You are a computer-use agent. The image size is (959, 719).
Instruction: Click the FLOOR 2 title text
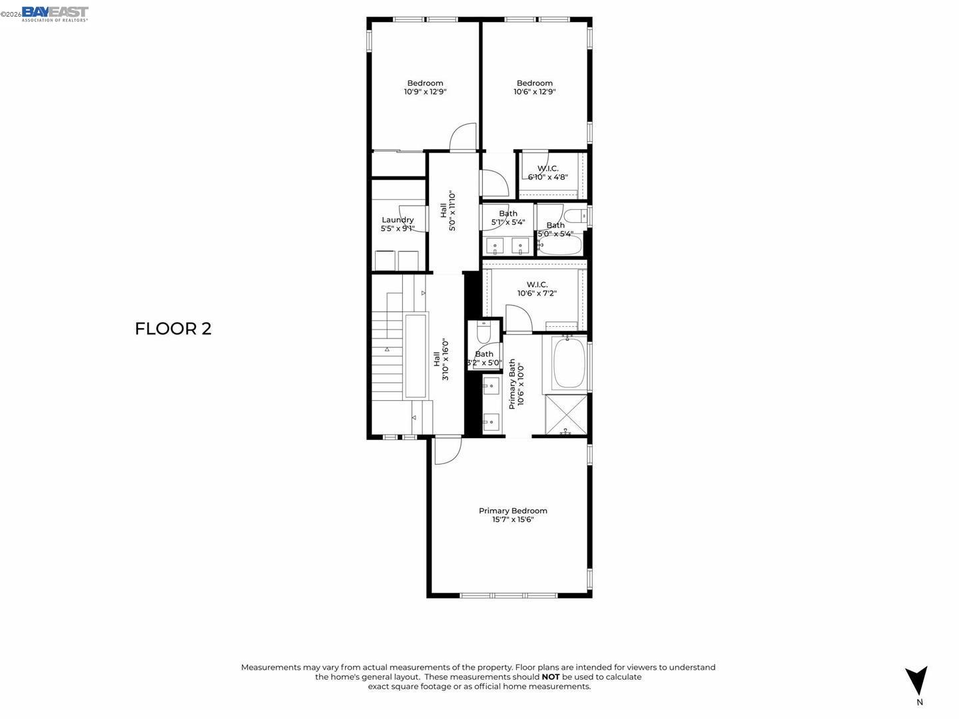click(173, 329)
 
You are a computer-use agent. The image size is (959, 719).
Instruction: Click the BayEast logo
click(55, 13)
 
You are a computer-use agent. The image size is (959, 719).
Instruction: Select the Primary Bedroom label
click(513, 511)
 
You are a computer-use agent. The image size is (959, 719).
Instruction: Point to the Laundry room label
click(398, 220)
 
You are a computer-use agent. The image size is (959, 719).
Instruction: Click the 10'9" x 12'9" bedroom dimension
click(425, 92)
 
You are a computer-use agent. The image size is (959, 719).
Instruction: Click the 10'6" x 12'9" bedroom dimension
click(534, 92)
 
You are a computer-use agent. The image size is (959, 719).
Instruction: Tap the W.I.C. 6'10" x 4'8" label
click(548, 173)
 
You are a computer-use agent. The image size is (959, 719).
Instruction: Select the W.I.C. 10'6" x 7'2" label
click(537, 289)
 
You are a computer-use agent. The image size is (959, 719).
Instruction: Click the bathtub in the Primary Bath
click(568, 363)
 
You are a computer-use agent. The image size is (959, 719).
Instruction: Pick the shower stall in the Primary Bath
click(567, 414)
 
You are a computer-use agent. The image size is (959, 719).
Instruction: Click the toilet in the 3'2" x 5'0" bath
click(484, 332)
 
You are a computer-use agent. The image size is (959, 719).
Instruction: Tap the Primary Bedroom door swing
click(446, 450)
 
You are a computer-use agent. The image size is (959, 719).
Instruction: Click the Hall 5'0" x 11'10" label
click(448, 211)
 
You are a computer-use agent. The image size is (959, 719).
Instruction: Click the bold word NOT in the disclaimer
click(551, 677)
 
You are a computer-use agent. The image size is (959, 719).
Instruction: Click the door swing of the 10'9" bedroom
click(464, 138)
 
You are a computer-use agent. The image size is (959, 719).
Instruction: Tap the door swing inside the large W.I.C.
click(517, 318)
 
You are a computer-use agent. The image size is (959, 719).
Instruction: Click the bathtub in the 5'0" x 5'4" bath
click(560, 246)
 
